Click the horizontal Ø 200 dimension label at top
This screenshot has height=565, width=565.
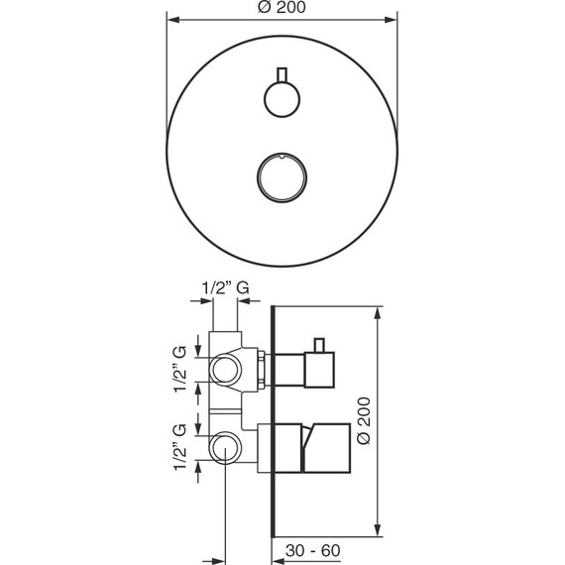point(282,7)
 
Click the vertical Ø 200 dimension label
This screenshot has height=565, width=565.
point(363,420)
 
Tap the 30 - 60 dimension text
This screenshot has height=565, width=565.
point(312,550)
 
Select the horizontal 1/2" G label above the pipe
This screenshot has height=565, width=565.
point(225,287)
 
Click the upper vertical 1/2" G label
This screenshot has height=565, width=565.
point(179,369)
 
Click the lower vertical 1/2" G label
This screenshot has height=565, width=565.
point(179,447)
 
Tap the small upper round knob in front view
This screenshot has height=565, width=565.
point(282,99)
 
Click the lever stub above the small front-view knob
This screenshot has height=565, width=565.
point(282,74)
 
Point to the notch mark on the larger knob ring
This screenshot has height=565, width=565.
point(282,156)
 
